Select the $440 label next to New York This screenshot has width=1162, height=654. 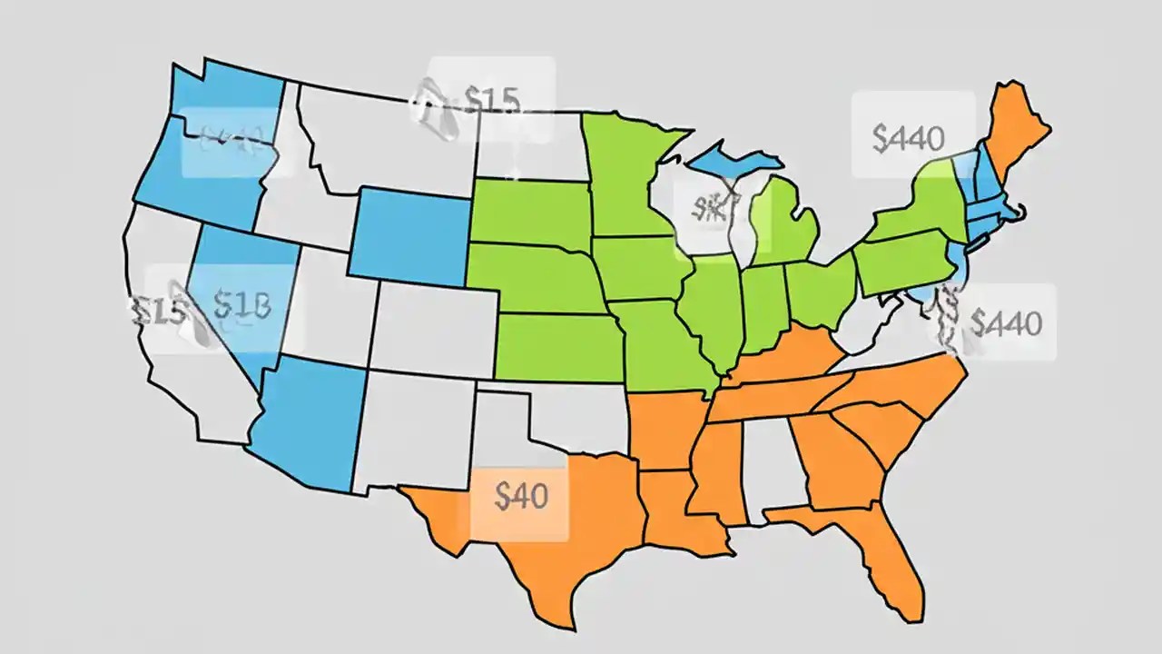(908, 137)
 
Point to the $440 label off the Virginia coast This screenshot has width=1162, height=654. (1007, 322)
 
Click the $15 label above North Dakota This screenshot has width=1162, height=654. (491, 100)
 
